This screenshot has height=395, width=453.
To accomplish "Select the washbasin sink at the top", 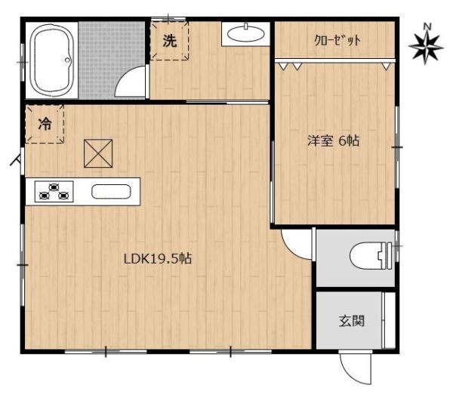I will (x=245, y=32).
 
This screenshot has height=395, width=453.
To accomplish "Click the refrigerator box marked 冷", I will (x=45, y=125).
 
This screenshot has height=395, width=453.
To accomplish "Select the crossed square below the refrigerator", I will (x=97, y=154).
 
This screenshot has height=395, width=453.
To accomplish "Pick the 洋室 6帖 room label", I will (x=333, y=140).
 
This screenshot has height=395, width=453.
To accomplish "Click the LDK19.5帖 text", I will (x=157, y=258).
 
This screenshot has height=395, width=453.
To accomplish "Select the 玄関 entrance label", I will (x=351, y=320).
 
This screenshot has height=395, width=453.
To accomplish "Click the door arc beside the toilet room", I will (x=296, y=242).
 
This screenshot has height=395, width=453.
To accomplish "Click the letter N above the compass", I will (x=427, y=27).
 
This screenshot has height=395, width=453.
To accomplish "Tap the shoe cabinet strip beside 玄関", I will (x=390, y=319).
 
